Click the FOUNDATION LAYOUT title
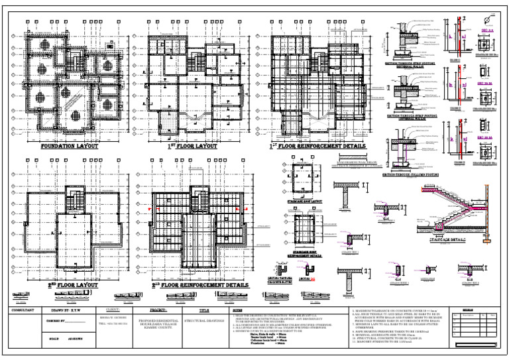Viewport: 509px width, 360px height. (x=69, y=146)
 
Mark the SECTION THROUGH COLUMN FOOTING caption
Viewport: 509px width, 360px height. (x=412, y=175)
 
